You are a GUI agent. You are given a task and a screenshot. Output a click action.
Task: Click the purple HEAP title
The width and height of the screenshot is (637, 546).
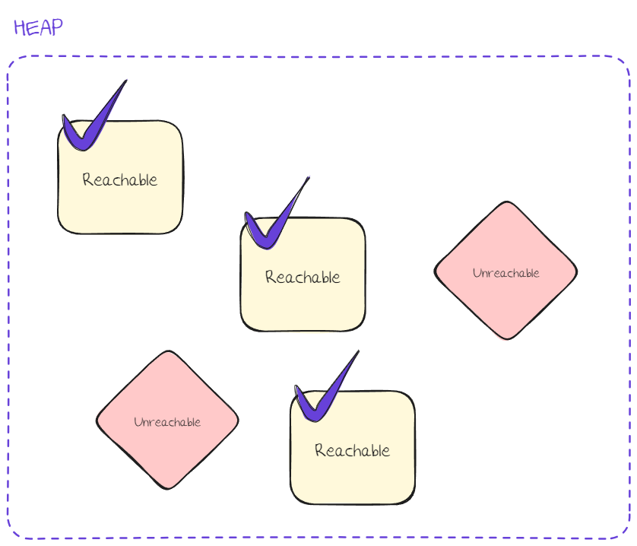pyautogui.click(x=38, y=27)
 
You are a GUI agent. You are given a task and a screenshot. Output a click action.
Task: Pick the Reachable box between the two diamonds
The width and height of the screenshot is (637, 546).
pyautogui.click(x=303, y=293)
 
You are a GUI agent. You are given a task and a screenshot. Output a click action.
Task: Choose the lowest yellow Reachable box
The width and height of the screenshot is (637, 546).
pyautogui.click(x=353, y=464)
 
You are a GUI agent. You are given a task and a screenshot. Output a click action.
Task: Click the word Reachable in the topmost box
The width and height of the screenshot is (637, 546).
pyautogui.click(x=120, y=180)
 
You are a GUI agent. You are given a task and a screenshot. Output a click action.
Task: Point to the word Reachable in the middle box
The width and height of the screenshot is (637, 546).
pyautogui.click(x=303, y=277)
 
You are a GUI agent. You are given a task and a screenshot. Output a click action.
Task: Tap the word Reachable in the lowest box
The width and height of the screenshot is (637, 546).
pyautogui.click(x=353, y=450)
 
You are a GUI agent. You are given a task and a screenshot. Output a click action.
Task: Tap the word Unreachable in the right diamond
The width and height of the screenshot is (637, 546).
pyautogui.click(x=505, y=273)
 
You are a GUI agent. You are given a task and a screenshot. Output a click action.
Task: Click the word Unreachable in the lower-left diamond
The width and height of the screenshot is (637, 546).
pyautogui.click(x=167, y=422)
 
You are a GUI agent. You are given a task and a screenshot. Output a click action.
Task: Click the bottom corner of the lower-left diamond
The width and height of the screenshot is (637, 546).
pyautogui.click(x=167, y=488)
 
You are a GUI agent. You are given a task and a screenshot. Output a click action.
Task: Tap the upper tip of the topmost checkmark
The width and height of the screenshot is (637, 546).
pyautogui.click(x=125, y=81)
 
